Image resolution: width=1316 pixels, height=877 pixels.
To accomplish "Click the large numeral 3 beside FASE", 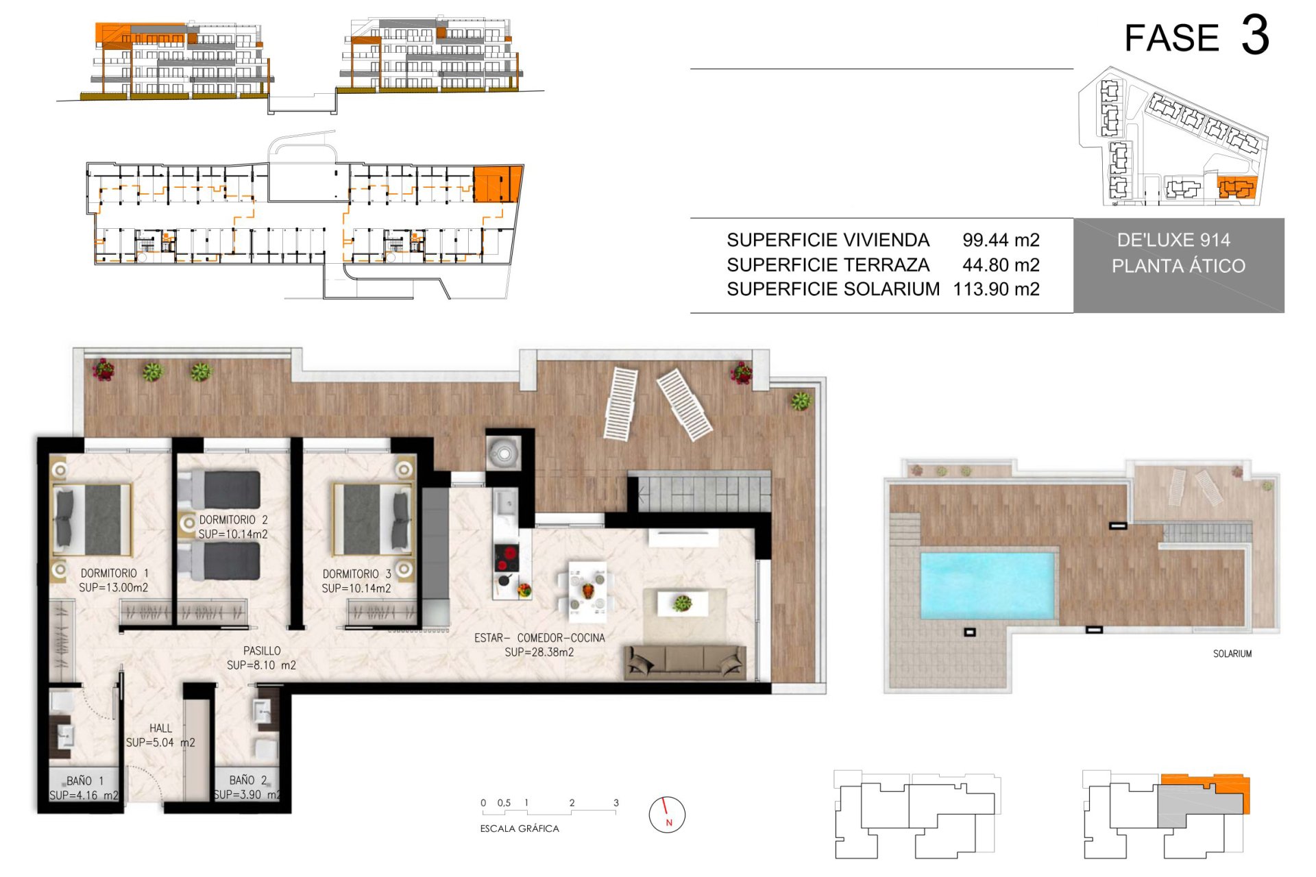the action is point(1255,36).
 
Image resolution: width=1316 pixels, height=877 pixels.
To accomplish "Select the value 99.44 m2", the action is point(1001,240).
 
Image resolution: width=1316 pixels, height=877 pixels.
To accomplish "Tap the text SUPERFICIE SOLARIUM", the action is point(833,289).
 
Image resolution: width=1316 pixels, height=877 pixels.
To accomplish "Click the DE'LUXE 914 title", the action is point(1173,240).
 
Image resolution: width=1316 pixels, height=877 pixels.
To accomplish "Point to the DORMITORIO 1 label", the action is point(114,573).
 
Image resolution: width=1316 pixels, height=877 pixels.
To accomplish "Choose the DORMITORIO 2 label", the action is point(233,520).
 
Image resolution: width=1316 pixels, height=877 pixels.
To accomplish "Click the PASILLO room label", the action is point(262,650).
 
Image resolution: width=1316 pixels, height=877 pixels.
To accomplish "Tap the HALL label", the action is point(161,728).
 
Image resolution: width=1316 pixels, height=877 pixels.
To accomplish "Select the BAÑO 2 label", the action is point(248,780).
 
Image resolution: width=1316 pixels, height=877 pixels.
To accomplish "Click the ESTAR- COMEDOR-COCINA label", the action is point(539,638).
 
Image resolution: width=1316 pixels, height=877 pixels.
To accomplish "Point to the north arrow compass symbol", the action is point(667,815).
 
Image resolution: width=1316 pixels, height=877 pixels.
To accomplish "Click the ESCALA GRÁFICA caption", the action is point(520,828).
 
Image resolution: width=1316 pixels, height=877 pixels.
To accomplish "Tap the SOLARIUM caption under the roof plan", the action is point(1232,654).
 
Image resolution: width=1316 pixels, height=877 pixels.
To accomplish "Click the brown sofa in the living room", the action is point(685,662).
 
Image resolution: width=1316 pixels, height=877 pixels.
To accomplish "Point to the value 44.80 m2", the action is point(1001,264).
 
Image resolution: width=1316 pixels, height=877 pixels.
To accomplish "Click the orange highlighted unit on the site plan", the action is point(1237,187).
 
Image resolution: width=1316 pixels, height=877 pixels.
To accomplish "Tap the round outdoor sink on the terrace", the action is point(504,452).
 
